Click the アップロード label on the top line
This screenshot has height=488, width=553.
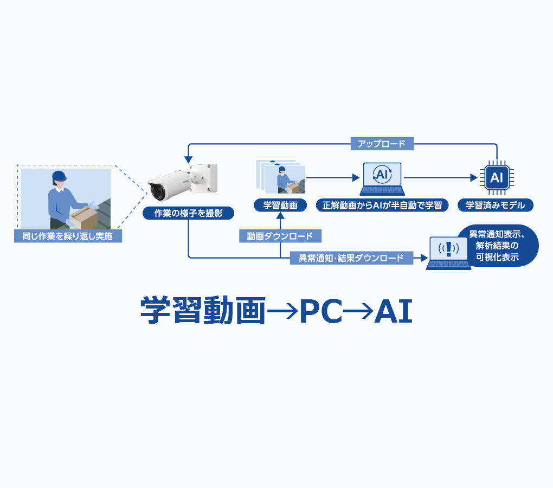click(x=382, y=144)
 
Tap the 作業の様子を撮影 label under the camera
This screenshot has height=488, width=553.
click(x=188, y=213)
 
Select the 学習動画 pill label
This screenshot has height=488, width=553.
click(x=280, y=206)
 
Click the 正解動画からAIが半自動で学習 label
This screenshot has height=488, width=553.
click(x=382, y=206)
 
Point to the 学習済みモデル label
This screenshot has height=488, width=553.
click(x=496, y=206)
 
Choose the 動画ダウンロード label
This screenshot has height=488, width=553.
click(x=280, y=236)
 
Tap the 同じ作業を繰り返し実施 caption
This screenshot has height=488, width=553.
click(x=68, y=236)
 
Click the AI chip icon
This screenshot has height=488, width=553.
click(x=496, y=177)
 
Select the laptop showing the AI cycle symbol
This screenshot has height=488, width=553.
click(x=382, y=179)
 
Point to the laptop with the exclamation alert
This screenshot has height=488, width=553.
click(x=448, y=252)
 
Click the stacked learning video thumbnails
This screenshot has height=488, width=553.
click(x=280, y=176)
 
